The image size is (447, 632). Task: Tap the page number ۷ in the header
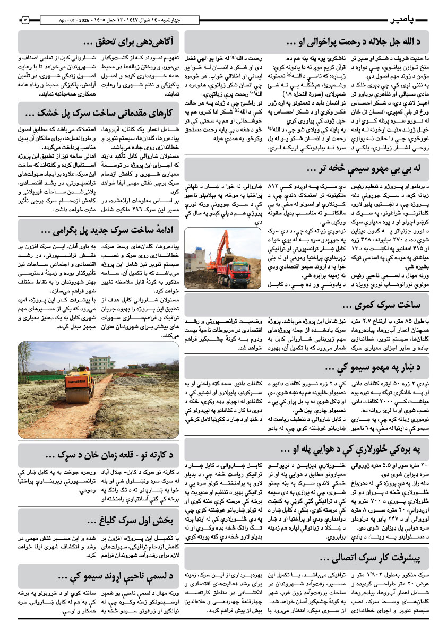[x=25, y=20]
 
